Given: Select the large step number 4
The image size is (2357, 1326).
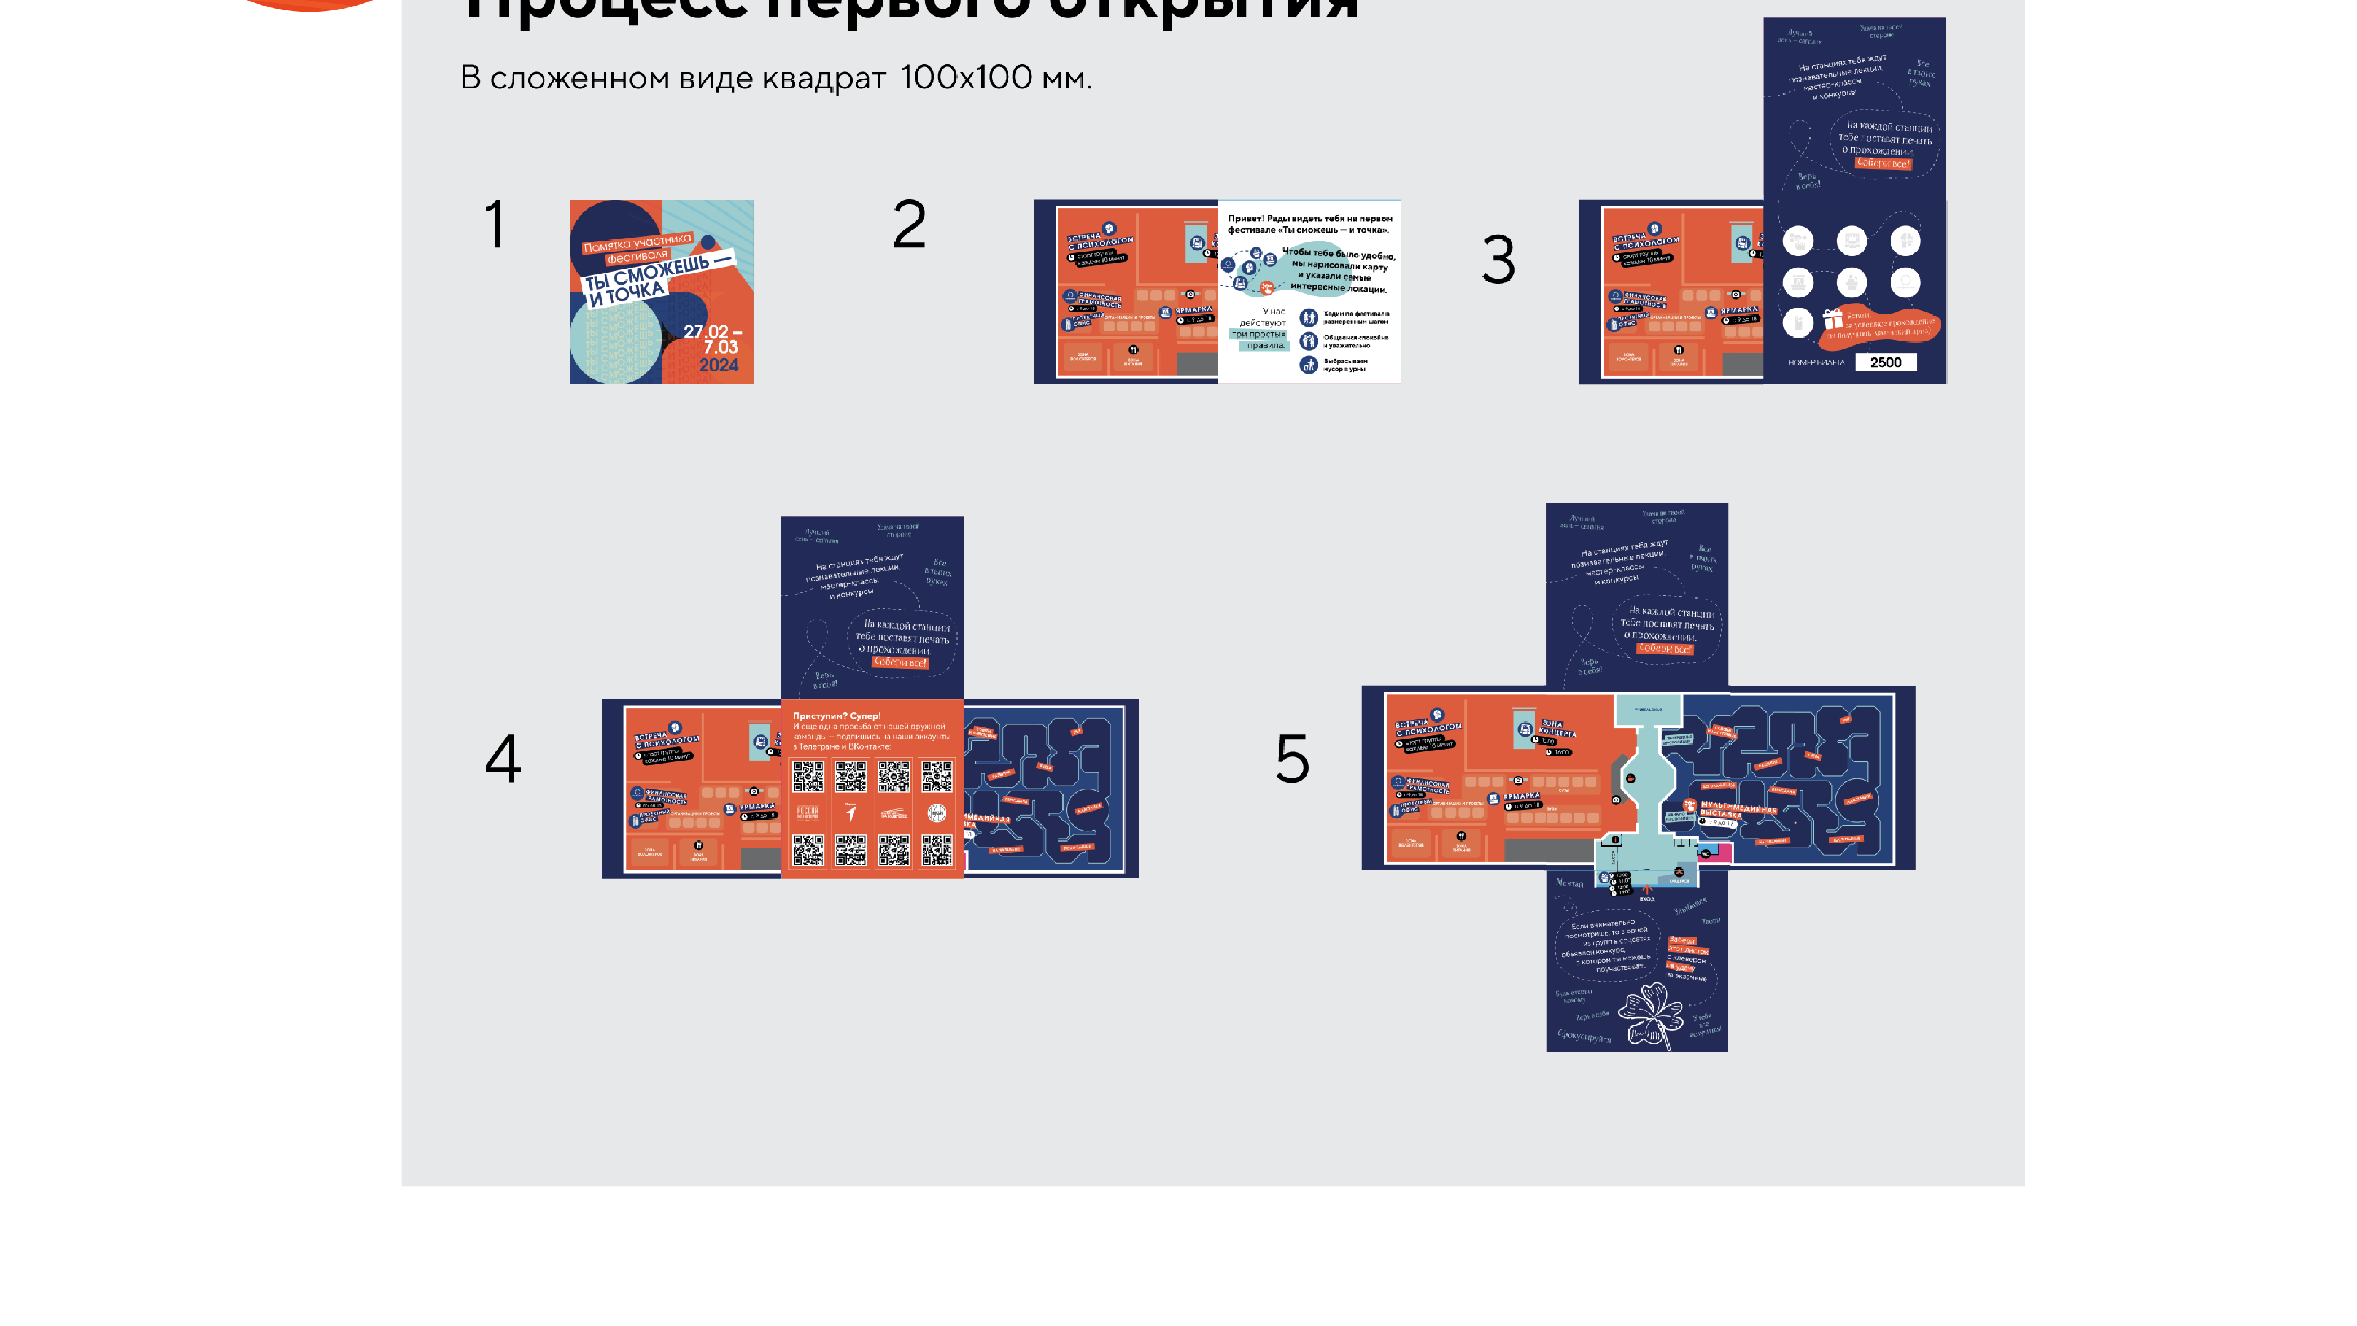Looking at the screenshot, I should pyautogui.click(x=502, y=759).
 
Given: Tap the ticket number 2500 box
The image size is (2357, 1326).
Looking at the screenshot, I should pyautogui.click(x=1885, y=362).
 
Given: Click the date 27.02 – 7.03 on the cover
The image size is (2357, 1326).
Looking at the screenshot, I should pyautogui.click(x=714, y=339).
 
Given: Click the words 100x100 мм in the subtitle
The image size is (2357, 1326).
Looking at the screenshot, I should pyautogui.click(x=994, y=78).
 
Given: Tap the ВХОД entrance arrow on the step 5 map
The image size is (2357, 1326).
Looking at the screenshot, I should pyautogui.click(x=1646, y=890).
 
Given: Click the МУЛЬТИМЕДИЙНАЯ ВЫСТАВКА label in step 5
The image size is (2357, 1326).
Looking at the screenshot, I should pyautogui.click(x=1736, y=810).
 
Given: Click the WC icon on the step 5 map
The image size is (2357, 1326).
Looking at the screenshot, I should pyautogui.click(x=1705, y=854).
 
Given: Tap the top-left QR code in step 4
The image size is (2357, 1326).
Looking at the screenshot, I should pyautogui.click(x=808, y=777).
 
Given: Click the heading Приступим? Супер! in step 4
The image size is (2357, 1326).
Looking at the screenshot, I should pyautogui.click(x=836, y=716).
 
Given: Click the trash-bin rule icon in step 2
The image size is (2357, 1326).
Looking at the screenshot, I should pyautogui.click(x=1309, y=365).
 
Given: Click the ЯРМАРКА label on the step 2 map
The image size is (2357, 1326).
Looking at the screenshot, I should pyautogui.click(x=1193, y=310).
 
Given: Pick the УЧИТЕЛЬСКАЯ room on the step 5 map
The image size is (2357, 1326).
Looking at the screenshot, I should pyautogui.click(x=1648, y=709).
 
